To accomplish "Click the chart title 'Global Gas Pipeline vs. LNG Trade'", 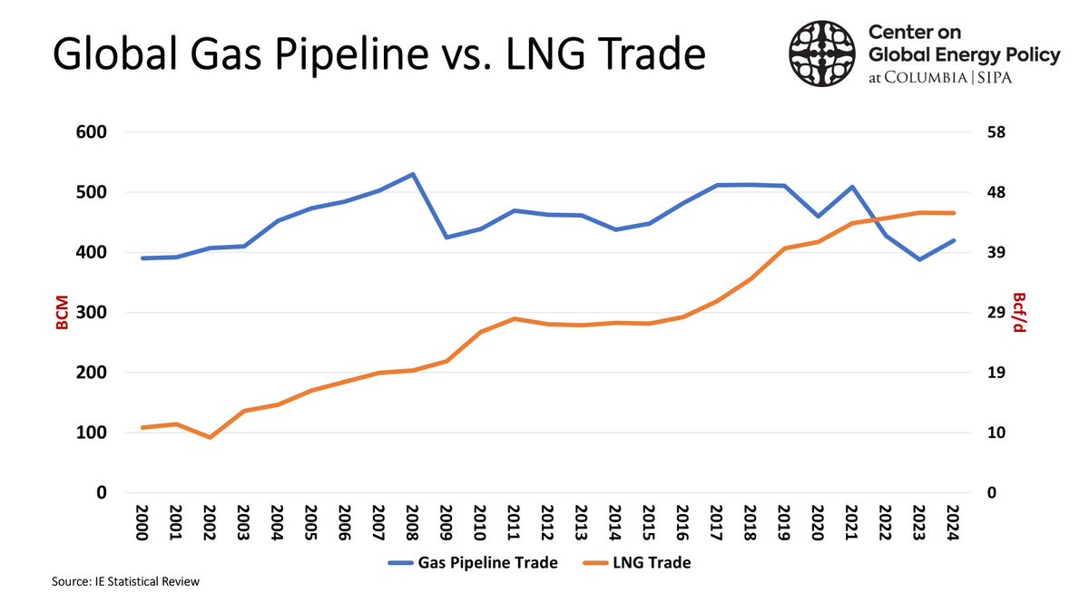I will click(378, 56).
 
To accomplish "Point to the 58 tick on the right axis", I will click(996, 132).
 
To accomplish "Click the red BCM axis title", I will click(64, 313).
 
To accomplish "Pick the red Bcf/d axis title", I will click(1020, 313).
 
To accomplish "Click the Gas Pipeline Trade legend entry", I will click(473, 563).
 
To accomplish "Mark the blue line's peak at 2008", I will click(413, 174).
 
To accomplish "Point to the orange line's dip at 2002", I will click(211, 437).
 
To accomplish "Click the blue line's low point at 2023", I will click(918, 259).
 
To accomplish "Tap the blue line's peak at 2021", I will click(851, 187).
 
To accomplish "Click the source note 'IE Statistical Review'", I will click(123, 582).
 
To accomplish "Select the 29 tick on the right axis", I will click(996, 313).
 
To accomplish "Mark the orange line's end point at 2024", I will click(952, 213).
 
